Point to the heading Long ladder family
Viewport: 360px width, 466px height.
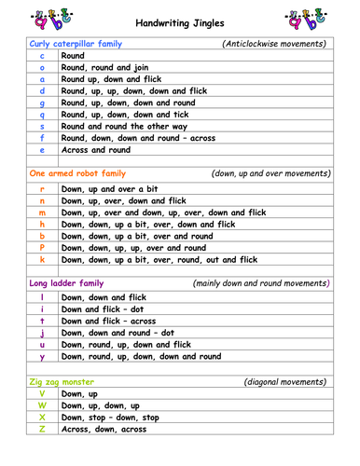(65, 283)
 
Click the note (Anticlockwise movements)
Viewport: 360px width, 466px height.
(275, 44)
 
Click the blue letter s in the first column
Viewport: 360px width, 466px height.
(43, 126)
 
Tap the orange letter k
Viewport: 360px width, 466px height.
(43, 260)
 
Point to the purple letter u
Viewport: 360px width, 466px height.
(43, 344)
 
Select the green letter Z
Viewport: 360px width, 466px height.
(43, 429)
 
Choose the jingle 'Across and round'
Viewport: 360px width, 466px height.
(95, 149)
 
